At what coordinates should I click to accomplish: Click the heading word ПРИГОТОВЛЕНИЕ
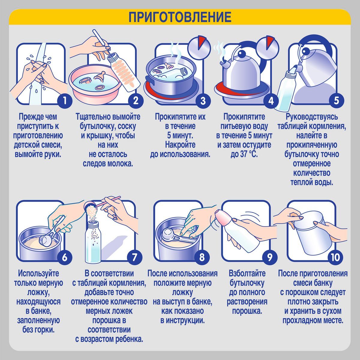tap(180, 17)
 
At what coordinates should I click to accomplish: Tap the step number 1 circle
tap(64, 101)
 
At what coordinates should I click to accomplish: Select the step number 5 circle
tap(336, 101)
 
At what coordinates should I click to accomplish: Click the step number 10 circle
tap(335, 257)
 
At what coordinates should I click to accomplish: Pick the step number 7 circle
tap(135, 257)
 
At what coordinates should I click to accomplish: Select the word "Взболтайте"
tap(247, 273)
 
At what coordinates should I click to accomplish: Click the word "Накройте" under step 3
tap(180, 145)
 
